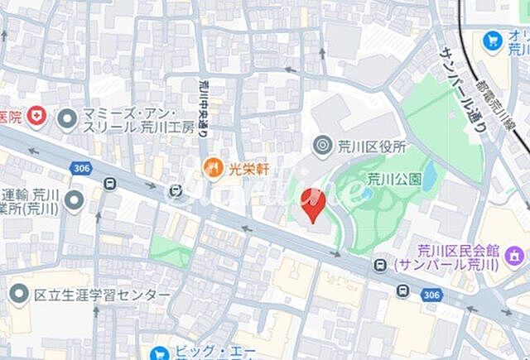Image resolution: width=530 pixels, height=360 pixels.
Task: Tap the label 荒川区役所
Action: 372,146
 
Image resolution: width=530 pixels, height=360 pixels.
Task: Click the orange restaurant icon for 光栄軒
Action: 213,169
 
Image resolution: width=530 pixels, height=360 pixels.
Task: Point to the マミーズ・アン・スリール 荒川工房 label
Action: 137,119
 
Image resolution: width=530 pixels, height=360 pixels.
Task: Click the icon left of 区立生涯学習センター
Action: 19,294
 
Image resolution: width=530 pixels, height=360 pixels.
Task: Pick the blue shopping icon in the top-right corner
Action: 494,39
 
